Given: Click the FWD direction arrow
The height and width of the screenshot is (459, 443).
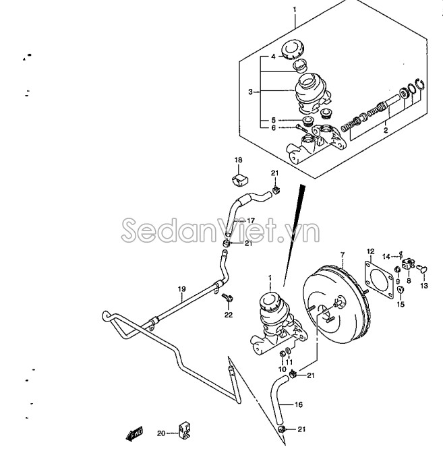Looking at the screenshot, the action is [134, 433].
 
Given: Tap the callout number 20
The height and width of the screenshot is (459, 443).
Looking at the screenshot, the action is [161, 433].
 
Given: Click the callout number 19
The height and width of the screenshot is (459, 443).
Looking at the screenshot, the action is [181, 289].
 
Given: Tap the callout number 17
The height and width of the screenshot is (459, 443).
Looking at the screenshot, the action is [251, 220].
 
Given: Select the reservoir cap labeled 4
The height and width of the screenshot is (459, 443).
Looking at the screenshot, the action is [293, 49].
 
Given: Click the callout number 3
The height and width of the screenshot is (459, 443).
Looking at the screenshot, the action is [250, 92].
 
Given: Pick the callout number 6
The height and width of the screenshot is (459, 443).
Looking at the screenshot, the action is [274, 128].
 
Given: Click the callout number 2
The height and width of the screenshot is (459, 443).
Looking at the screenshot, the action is [386, 130].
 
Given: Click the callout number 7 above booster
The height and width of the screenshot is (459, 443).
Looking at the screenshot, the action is [343, 254].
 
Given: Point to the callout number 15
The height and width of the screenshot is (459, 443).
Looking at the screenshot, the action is [401, 305].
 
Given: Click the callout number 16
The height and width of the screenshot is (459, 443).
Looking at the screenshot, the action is [298, 405].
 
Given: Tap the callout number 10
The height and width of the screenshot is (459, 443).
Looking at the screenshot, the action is [282, 369].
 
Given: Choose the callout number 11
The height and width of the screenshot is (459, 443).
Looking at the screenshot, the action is [289, 363].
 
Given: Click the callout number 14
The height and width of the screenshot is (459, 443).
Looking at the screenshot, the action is [386, 257].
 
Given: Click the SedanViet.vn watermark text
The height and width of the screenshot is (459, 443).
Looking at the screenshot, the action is [220, 230].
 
